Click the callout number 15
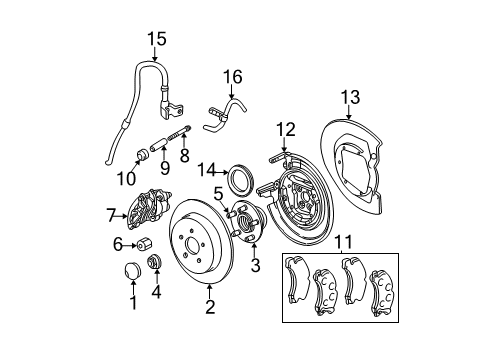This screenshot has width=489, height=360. pyautogui.click(x=156, y=39)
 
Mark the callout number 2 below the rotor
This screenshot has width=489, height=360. pyautogui.click(x=210, y=308)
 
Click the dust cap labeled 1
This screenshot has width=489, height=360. pyautogui.click(x=134, y=274)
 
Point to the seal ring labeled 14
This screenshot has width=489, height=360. pyautogui.click(x=240, y=181)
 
